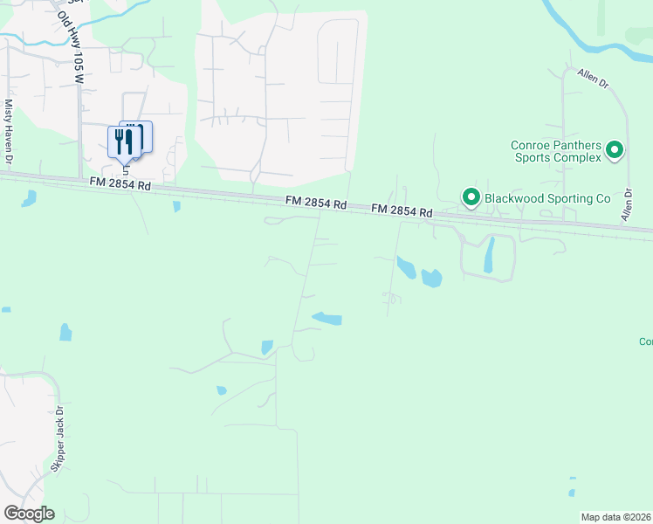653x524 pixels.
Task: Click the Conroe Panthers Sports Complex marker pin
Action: click(x=615, y=150)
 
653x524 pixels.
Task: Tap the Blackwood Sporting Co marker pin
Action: click(x=471, y=197)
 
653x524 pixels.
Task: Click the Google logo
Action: click(x=29, y=513)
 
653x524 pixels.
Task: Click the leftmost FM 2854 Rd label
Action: click(x=120, y=185)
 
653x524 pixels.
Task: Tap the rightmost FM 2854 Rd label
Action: click(x=402, y=211)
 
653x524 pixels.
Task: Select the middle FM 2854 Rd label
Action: click(x=316, y=203)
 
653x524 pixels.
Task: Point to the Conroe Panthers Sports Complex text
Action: click(x=556, y=151)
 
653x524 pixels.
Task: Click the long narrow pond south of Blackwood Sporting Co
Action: click(x=488, y=254)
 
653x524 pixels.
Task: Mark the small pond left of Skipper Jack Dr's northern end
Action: click(x=65, y=332)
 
